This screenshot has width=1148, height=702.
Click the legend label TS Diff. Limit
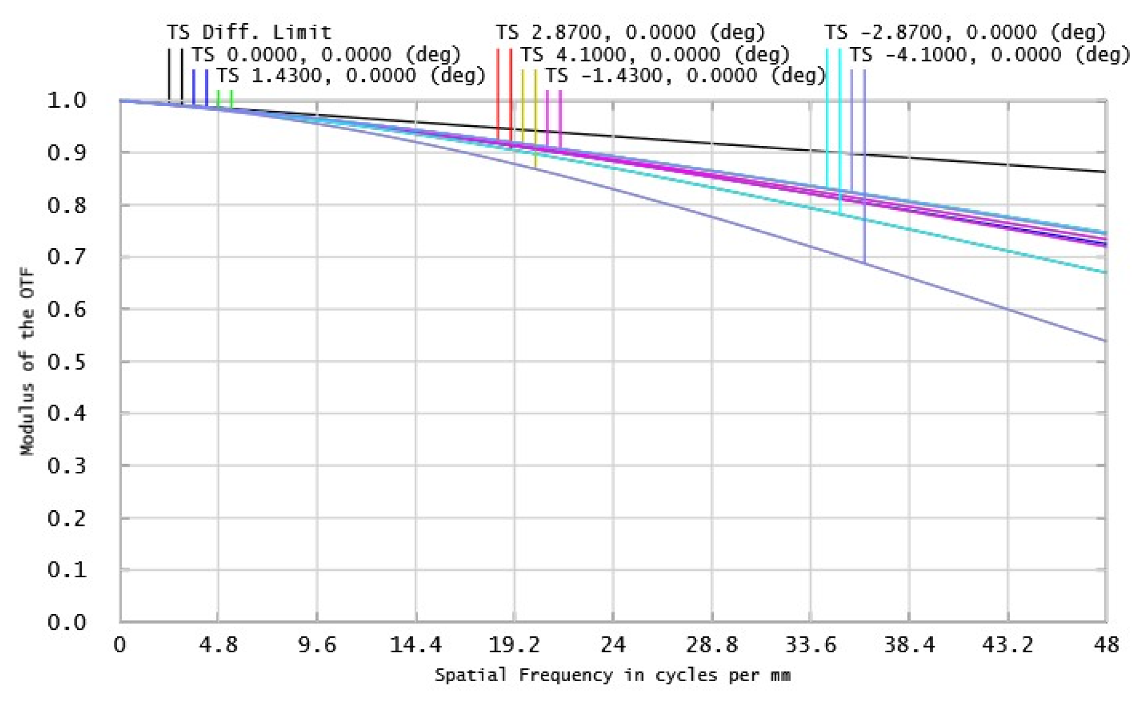tap(249, 32)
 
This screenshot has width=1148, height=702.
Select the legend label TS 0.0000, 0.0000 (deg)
tap(326, 55)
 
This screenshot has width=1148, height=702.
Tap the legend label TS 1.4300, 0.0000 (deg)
tap(351, 75)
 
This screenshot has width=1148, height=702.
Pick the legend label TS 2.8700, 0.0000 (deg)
tap(630, 32)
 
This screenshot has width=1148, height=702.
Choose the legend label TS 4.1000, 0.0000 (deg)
tap(655, 55)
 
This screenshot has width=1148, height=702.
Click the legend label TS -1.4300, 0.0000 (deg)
tap(685, 75)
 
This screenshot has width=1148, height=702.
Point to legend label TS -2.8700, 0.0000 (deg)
tap(965, 32)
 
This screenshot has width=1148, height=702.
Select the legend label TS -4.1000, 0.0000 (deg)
tap(990, 55)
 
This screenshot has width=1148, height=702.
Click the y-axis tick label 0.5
tap(67, 362)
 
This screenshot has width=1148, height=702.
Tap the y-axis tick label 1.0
tap(67, 101)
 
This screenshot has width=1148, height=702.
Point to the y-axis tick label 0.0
tap(67, 622)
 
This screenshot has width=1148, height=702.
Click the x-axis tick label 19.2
tap(514, 645)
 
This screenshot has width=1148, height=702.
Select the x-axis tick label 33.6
tap(811, 645)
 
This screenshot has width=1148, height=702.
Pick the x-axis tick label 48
tap(1106, 645)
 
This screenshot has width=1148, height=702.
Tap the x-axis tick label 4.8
tap(218, 645)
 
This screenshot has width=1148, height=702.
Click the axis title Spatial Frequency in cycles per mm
tap(613, 675)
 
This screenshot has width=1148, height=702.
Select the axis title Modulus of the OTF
tap(27, 361)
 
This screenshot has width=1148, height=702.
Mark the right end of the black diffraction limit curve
tap(1105, 172)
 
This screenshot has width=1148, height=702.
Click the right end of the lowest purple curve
tap(1105, 341)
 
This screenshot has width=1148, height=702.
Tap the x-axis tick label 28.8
tap(712, 645)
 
